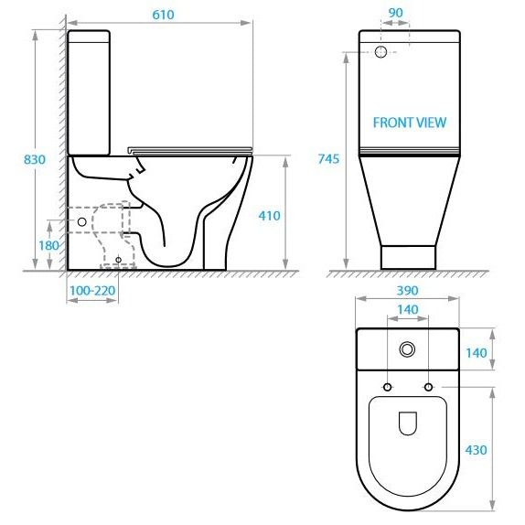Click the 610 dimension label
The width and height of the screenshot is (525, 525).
[x=163, y=15]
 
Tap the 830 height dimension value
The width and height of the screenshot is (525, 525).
[x=35, y=159]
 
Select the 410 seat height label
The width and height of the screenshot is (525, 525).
[x=269, y=216]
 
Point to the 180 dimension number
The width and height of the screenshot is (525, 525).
[x=48, y=245]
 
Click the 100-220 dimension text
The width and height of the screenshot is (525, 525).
[x=92, y=290]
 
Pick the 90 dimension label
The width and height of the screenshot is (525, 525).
[x=395, y=13]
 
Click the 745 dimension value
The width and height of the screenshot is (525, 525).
[x=328, y=159]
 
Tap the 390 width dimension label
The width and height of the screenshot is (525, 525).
[x=408, y=290]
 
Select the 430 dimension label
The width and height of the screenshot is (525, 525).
[x=476, y=450]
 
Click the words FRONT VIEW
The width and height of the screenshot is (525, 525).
[x=410, y=123]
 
